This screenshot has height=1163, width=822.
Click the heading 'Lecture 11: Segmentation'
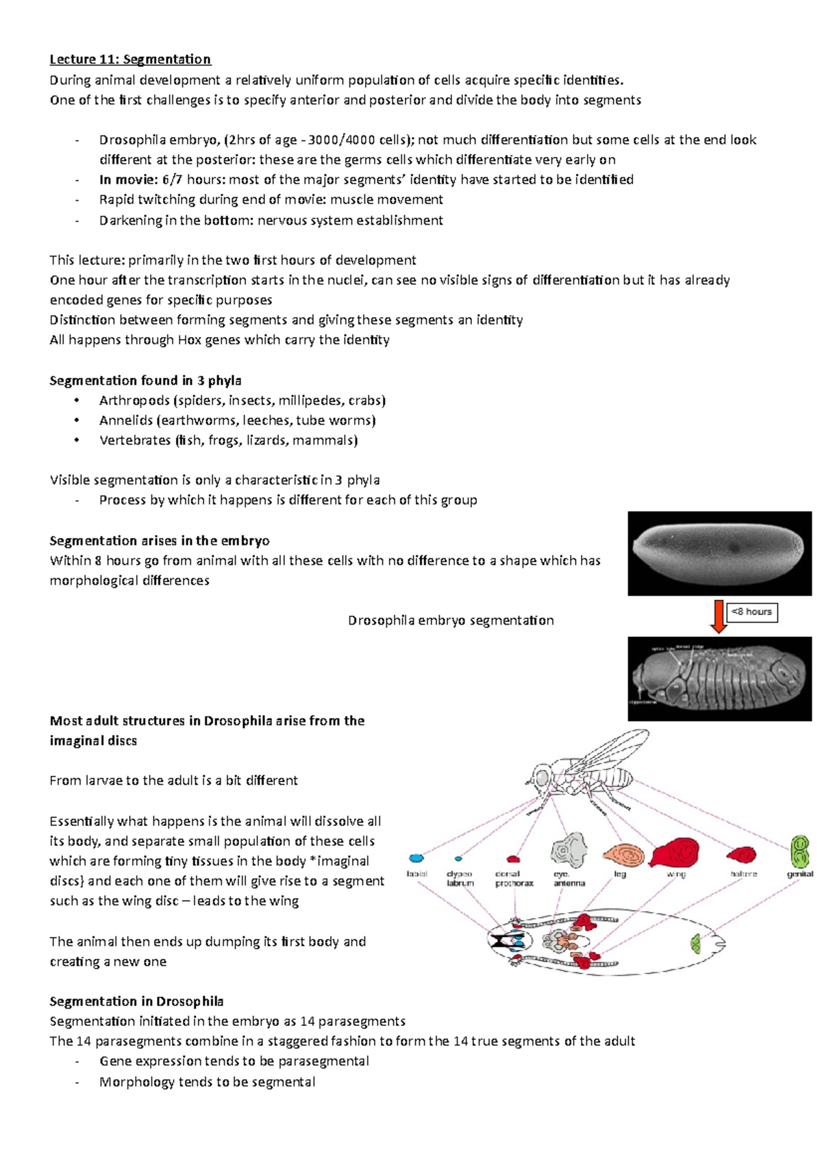click(x=130, y=60)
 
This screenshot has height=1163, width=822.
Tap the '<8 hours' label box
click(x=751, y=612)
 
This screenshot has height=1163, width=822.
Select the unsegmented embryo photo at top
click(x=719, y=553)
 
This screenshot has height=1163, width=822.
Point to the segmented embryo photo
click(x=719, y=679)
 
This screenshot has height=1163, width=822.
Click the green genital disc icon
click(x=799, y=851)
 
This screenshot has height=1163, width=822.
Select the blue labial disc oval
click(x=416, y=858)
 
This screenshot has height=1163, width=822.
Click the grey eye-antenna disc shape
click(x=569, y=851)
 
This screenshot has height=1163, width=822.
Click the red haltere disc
click(x=742, y=855)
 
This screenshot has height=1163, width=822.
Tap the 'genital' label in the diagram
click(x=799, y=874)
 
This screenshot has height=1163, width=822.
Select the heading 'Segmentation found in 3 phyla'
click(x=145, y=380)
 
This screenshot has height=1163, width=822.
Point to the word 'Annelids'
click(x=125, y=421)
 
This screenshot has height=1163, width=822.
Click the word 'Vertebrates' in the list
click(x=135, y=440)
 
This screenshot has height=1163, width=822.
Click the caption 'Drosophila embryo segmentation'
click(x=451, y=621)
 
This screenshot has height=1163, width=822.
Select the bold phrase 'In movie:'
click(x=128, y=179)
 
